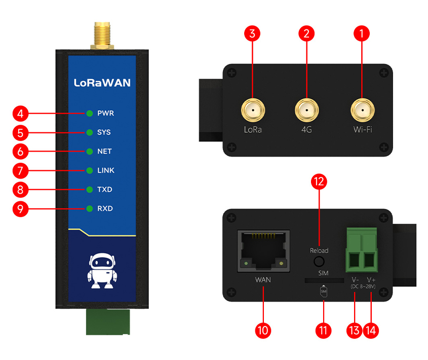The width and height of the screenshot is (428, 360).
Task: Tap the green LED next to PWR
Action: click(x=90, y=113)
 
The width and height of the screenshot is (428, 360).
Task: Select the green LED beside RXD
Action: click(x=90, y=208)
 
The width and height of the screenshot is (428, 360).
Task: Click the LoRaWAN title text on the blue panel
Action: click(x=102, y=82)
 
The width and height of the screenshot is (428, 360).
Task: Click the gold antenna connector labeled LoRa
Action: click(x=252, y=109)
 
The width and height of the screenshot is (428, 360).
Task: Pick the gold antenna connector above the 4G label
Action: click(x=306, y=109)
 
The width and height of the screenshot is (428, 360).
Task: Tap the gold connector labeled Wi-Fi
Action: click(x=363, y=109)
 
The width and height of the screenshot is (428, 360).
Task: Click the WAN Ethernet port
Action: click(x=263, y=250)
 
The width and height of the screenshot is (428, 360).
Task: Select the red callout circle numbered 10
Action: click(x=263, y=331)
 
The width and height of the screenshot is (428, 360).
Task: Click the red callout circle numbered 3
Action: click(x=252, y=34)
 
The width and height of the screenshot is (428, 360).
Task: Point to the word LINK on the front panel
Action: click(x=106, y=170)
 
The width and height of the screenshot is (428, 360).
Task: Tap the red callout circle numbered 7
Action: click(x=20, y=170)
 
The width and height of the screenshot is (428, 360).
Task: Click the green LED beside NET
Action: click(x=90, y=151)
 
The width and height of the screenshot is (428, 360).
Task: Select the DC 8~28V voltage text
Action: click(x=364, y=287)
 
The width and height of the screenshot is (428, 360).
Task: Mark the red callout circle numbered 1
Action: click(x=362, y=34)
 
